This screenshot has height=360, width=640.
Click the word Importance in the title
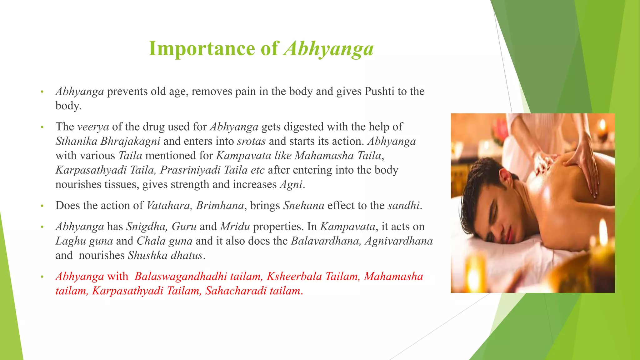pos(202,49)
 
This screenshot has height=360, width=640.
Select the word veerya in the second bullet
pos(93,127)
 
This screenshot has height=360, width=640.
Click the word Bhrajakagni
pos(130,141)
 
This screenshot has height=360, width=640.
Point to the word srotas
pos(251,141)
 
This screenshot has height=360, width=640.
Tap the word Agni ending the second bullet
pos(291,184)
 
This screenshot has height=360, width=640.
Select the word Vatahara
pos(169,206)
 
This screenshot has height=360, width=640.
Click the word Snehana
pos(303,206)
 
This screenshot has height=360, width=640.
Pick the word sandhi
pos(403,206)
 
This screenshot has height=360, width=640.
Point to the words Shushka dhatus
pos(165,255)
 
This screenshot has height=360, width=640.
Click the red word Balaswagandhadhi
pos(181,277)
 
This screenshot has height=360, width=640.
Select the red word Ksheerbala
pos(294,277)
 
